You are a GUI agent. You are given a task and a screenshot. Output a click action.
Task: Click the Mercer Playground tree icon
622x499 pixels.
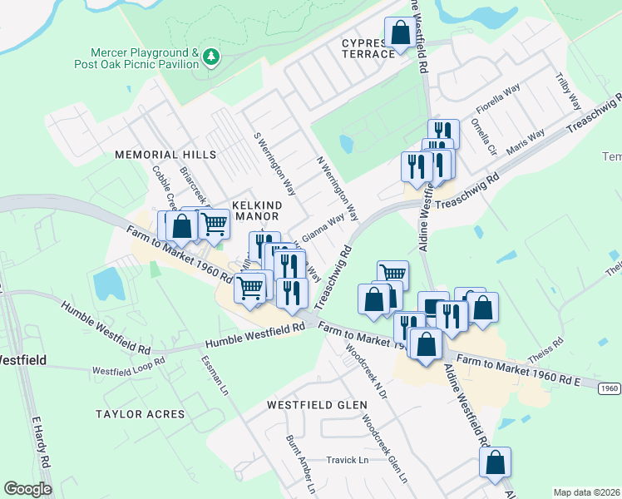click(x=213, y=57)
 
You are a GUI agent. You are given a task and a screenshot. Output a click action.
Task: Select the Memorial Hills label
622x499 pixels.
click(x=165, y=155)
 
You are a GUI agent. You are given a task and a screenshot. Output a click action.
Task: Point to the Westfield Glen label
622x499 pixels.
click(x=317, y=405)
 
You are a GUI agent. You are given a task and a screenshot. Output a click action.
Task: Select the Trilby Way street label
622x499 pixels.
click(x=569, y=91)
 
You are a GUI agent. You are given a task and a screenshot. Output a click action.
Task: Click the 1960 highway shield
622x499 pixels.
click(x=610, y=388)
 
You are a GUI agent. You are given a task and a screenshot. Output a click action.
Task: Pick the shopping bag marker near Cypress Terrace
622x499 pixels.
click(x=400, y=34)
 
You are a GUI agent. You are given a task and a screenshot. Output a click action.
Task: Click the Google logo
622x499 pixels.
click(x=27, y=489)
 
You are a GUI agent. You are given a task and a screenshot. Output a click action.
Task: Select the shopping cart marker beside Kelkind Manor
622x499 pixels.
click(x=214, y=224)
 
